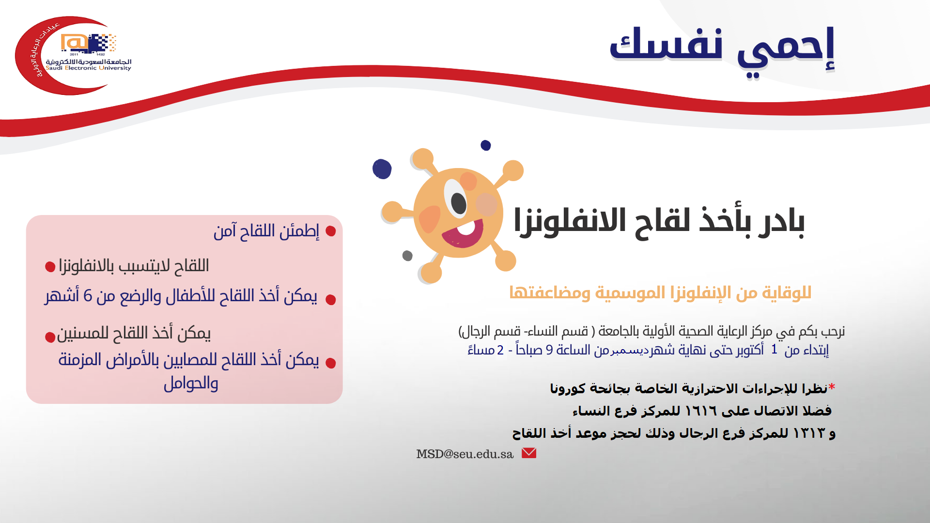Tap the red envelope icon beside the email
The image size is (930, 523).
(x=529, y=453)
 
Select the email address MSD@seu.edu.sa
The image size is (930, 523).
(x=465, y=454)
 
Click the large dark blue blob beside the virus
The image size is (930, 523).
(x=382, y=169)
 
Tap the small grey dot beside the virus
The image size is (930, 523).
(x=407, y=256)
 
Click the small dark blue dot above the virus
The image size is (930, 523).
(x=486, y=145)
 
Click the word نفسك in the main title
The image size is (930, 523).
(x=666, y=45)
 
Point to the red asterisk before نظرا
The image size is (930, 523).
(x=832, y=387)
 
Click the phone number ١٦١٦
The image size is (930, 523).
(x=701, y=411)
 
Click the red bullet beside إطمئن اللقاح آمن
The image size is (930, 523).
(x=331, y=231)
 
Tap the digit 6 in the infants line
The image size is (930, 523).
(x=88, y=295)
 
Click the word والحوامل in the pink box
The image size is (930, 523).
(x=191, y=384)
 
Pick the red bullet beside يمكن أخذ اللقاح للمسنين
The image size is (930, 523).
(x=50, y=337)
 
